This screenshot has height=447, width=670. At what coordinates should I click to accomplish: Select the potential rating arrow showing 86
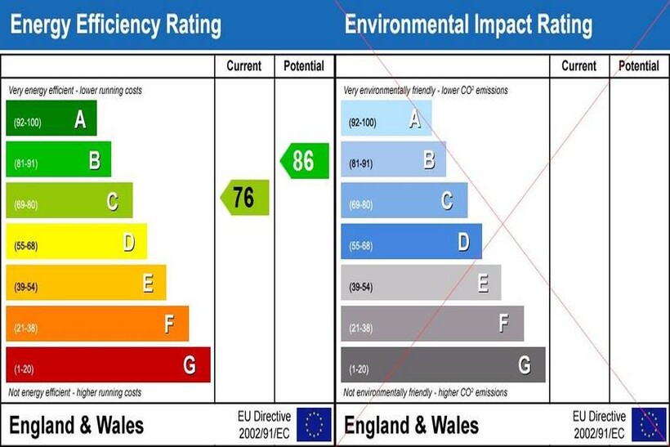point(305,160)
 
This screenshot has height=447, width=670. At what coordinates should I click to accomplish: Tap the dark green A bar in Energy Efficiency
point(51,118)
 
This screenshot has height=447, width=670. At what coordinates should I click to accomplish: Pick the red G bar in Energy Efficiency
point(107,364)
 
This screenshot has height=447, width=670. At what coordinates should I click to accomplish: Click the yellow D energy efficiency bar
point(76,242)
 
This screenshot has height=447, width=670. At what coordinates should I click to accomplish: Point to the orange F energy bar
point(96,324)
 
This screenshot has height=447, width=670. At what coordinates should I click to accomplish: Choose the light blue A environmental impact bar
point(386,118)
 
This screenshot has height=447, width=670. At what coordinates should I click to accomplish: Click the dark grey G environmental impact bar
point(442,364)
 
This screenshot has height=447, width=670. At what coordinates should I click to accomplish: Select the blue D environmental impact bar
point(411,242)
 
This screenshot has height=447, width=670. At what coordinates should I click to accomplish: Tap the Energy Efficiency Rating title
point(115,25)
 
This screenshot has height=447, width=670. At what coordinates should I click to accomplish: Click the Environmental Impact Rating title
point(468,25)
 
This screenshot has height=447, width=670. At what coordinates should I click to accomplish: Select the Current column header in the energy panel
point(244,66)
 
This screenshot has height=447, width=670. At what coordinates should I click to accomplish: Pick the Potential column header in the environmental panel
point(639,66)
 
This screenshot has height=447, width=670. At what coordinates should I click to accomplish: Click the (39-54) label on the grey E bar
point(361,287)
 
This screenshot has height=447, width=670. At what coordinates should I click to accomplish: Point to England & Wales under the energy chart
point(77,425)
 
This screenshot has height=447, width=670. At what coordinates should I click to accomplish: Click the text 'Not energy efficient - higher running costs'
point(75,393)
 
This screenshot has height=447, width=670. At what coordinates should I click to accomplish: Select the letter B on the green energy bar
point(95,161)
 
